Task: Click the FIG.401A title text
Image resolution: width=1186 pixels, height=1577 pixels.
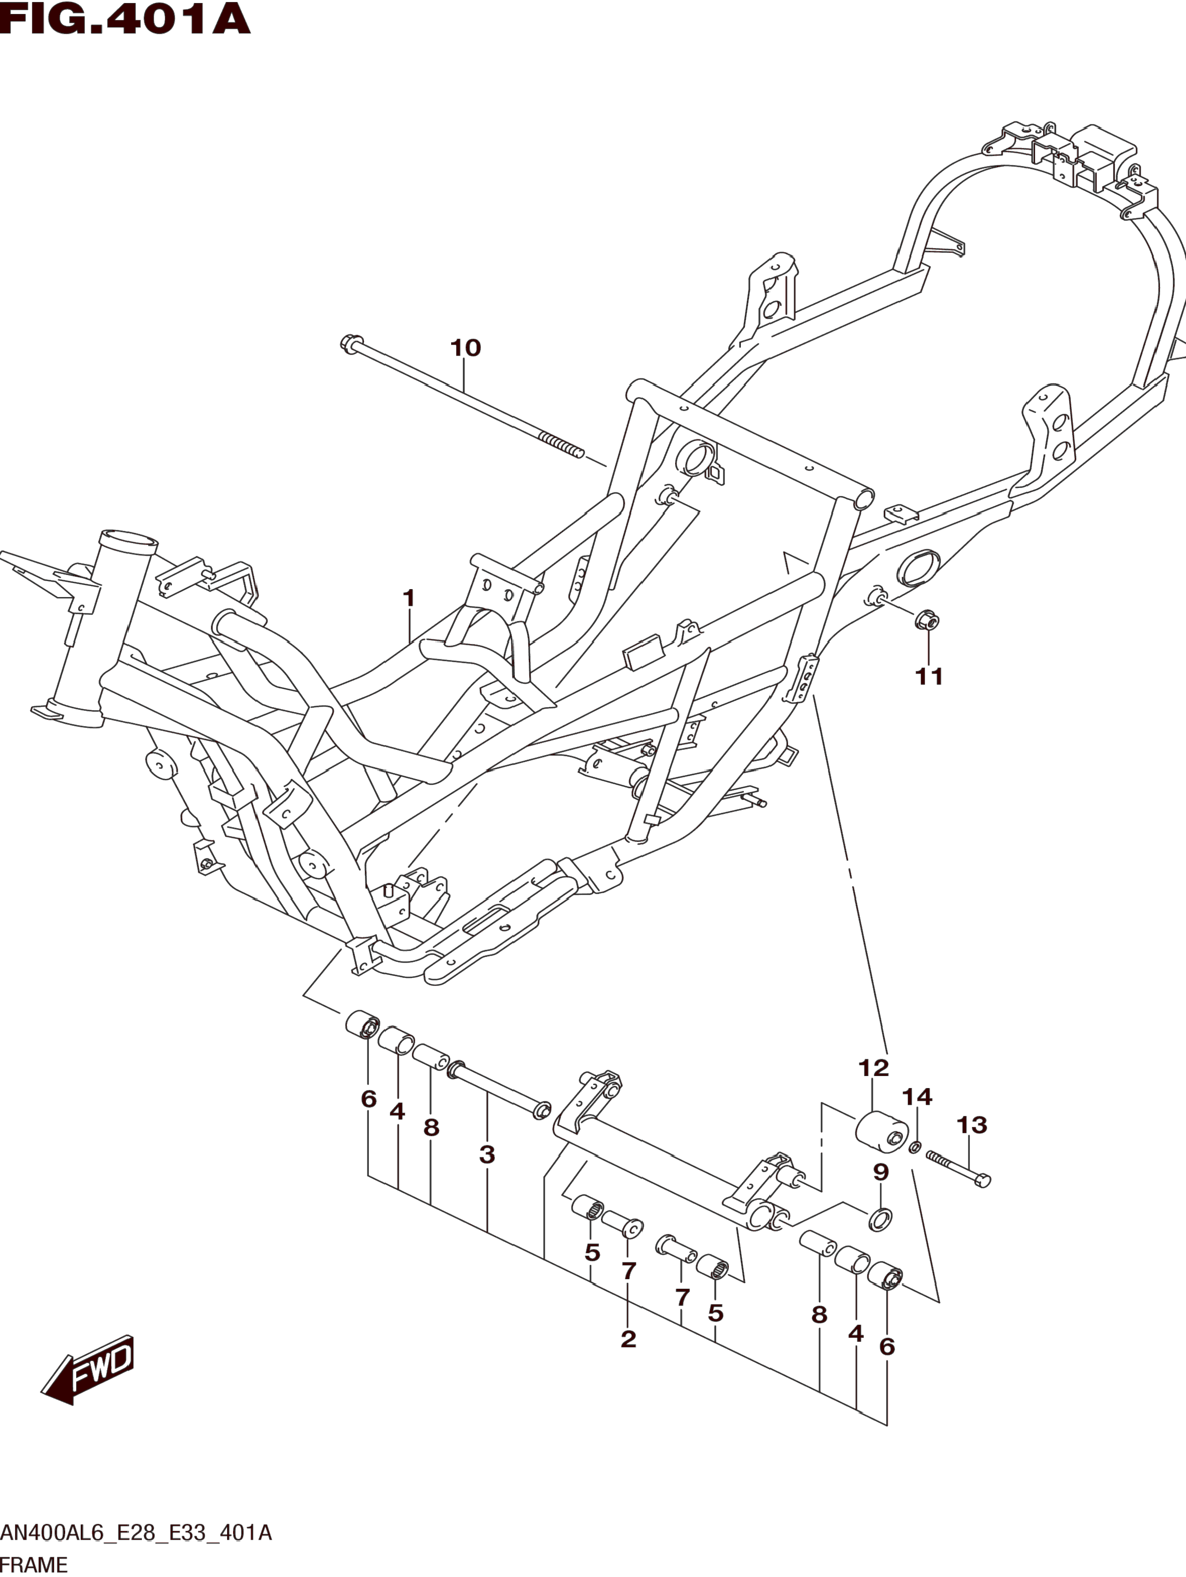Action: point(125,19)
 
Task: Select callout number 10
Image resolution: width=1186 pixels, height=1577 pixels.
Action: point(466,348)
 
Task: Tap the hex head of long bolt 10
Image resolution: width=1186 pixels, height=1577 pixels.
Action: point(349,343)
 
